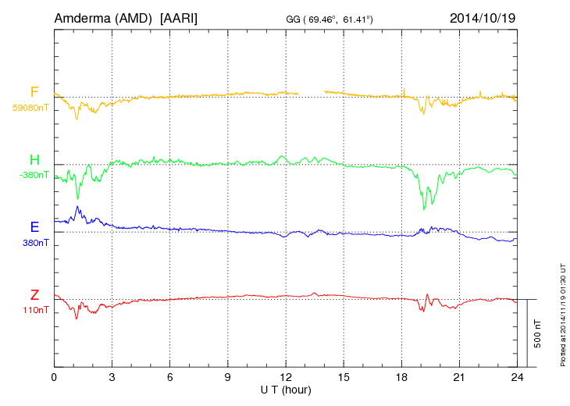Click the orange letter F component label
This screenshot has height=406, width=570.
point(34,93)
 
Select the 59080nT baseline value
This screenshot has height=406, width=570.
point(30,108)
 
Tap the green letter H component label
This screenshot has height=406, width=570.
point(34,161)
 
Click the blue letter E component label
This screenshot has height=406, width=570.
point(34,228)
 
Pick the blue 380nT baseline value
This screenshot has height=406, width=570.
point(36,243)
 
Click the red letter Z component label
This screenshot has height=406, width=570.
point(34,295)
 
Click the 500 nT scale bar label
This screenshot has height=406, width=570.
point(537,333)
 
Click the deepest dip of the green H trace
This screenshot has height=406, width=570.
point(423,208)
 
